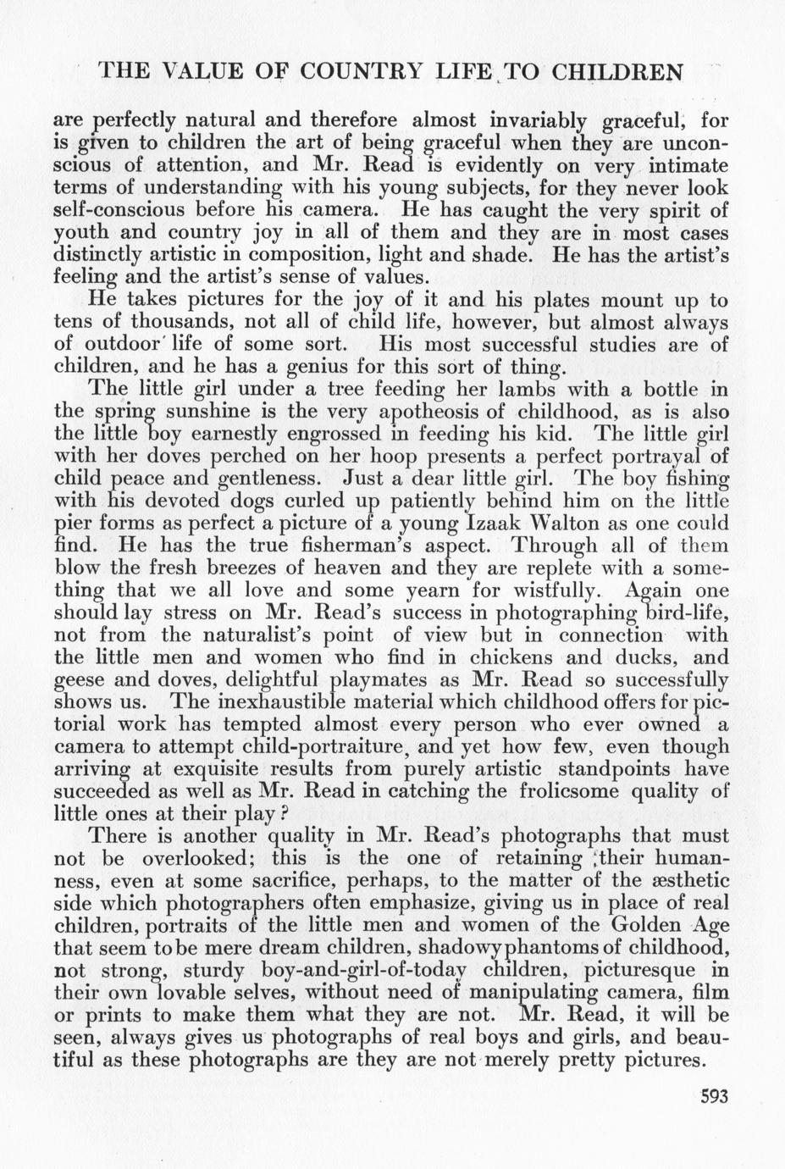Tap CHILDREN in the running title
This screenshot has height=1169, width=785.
(617, 71)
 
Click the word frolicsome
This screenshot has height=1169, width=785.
(585, 791)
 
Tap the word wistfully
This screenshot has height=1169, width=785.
(545, 590)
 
